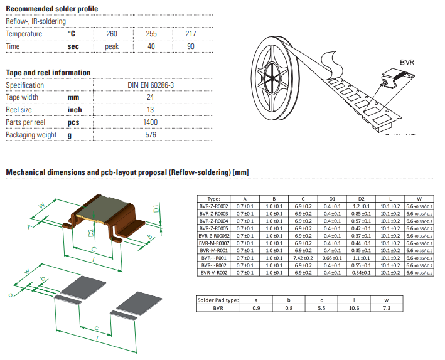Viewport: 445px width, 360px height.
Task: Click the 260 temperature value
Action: point(112,34)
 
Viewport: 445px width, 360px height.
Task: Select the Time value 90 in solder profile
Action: point(190,46)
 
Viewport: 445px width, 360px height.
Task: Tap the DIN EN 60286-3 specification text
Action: point(150,85)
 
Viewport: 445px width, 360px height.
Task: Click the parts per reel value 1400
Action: point(150,122)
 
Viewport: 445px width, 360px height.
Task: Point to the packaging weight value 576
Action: point(150,135)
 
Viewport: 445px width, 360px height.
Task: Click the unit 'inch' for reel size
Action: point(75,110)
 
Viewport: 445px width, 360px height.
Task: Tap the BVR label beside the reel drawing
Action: point(407,63)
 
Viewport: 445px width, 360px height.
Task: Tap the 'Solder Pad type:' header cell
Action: point(218,300)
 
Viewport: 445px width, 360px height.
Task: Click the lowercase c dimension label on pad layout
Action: point(95,327)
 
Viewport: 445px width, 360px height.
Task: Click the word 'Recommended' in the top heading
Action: point(28,8)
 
